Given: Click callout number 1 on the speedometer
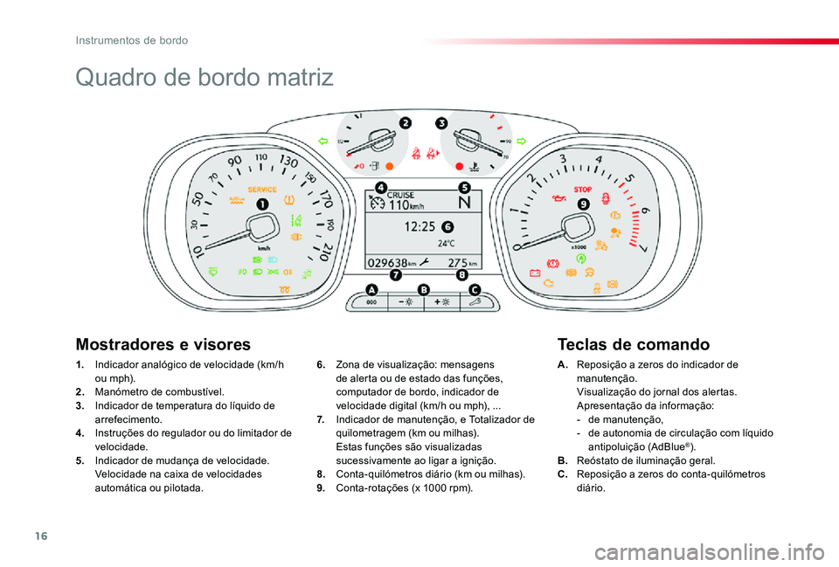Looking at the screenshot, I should (262, 204).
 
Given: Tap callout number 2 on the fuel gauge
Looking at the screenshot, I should (406, 123).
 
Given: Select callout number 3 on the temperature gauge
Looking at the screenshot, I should (442, 123).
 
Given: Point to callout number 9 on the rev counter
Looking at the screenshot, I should (583, 204).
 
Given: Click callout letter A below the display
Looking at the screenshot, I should (371, 290).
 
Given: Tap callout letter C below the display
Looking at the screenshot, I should (475, 290).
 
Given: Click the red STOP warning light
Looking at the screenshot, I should (583, 189).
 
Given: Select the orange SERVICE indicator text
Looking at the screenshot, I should (262, 189).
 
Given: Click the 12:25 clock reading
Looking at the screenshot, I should (421, 226).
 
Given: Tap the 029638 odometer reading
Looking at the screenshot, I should (388, 261).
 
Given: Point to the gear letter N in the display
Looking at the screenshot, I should (464, 203).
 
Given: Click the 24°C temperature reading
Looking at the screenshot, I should (447, 244).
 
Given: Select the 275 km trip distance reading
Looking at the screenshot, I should (460, 261).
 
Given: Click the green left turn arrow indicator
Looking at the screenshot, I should (322, 140).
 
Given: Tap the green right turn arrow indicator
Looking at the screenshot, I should (523, 140).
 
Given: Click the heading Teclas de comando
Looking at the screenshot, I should (633, 344).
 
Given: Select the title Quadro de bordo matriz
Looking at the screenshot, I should (205, 77).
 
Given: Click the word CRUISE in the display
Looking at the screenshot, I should (402, 195).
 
